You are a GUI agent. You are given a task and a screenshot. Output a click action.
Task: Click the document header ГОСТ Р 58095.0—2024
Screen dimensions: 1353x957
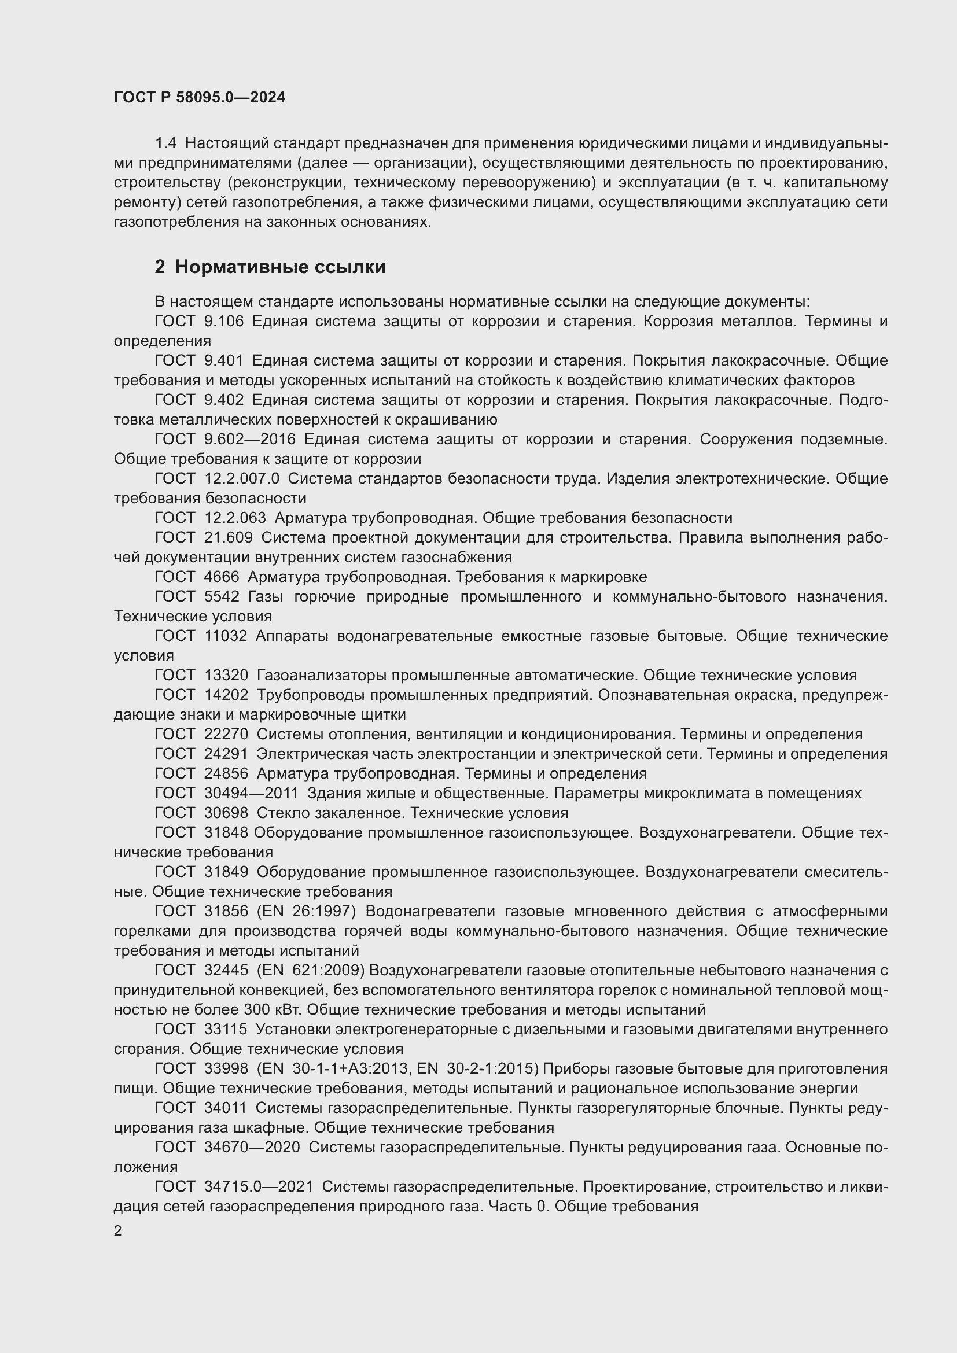click(199, 97)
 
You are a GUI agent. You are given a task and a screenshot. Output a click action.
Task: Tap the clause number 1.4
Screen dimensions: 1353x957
click(165, 143)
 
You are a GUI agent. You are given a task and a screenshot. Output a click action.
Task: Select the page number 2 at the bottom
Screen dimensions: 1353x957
click(118, 1231)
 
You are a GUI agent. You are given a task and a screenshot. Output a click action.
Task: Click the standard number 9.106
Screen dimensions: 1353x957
click(223, 321)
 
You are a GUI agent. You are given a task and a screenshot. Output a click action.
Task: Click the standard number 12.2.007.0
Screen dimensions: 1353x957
click(242, 478)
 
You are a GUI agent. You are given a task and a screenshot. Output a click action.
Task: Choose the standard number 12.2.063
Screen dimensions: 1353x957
click(234, 518)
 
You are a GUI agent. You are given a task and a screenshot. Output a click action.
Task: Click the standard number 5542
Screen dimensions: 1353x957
click(222, 596)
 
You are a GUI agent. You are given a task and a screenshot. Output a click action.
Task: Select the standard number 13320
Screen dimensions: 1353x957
click(226, 675)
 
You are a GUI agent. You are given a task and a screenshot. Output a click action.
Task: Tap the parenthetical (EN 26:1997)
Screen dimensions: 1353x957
click(306, 912)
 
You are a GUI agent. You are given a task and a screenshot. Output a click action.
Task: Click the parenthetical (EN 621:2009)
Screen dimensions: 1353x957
click(311, 971)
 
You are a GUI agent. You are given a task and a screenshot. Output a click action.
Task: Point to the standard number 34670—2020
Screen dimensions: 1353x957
click(252, 1147)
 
